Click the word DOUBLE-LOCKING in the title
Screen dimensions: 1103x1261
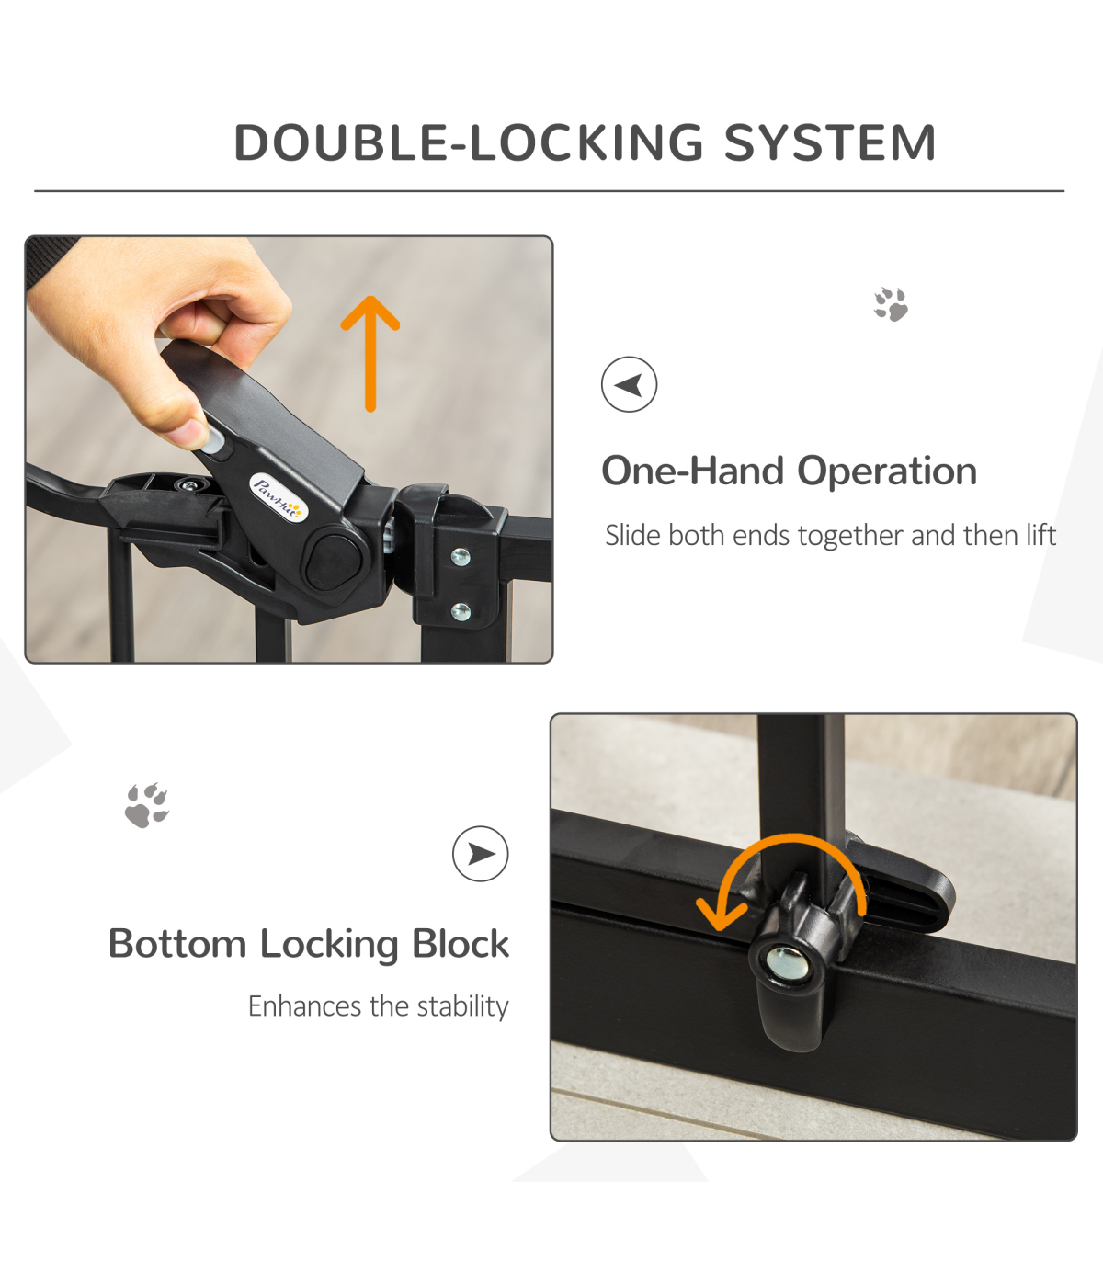pyautogui.click(x=468, y=143)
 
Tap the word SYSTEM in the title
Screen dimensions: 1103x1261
pyautogui.click(x=829, y=143)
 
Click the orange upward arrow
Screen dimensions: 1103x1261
pyautogui.click(x=370, y=353)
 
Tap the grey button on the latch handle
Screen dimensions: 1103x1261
pyautogui.click(x=212, y=440)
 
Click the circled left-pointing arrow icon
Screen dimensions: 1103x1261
pyautogui.click(x=629, y=384)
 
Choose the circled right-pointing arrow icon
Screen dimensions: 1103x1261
pyautogui.click(x=481, y=854)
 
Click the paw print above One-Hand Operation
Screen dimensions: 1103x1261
pyautogui.click(x=891, y=304)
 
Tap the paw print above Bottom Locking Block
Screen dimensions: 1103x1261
pyautogui.click(x=147, y=805)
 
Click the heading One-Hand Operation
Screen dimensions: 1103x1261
pyautogui.click(x=790, y=471)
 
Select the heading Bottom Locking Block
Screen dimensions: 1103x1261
pyautogui.click(x=309, y=944)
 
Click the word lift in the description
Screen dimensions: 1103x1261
pyautogui.click(x=1040, y=535)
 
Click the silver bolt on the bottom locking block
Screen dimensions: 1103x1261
pyautogui.click(x=786, y=962)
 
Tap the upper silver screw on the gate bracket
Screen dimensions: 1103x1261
pyautogui.click(x=461, y=557)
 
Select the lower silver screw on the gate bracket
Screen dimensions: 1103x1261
pyautogui.click(x=461, y=611)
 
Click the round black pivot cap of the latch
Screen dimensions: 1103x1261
pyautogui.click(x=334, y=562)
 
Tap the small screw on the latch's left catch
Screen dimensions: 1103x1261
pyautogui.click(x=189, y=486)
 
